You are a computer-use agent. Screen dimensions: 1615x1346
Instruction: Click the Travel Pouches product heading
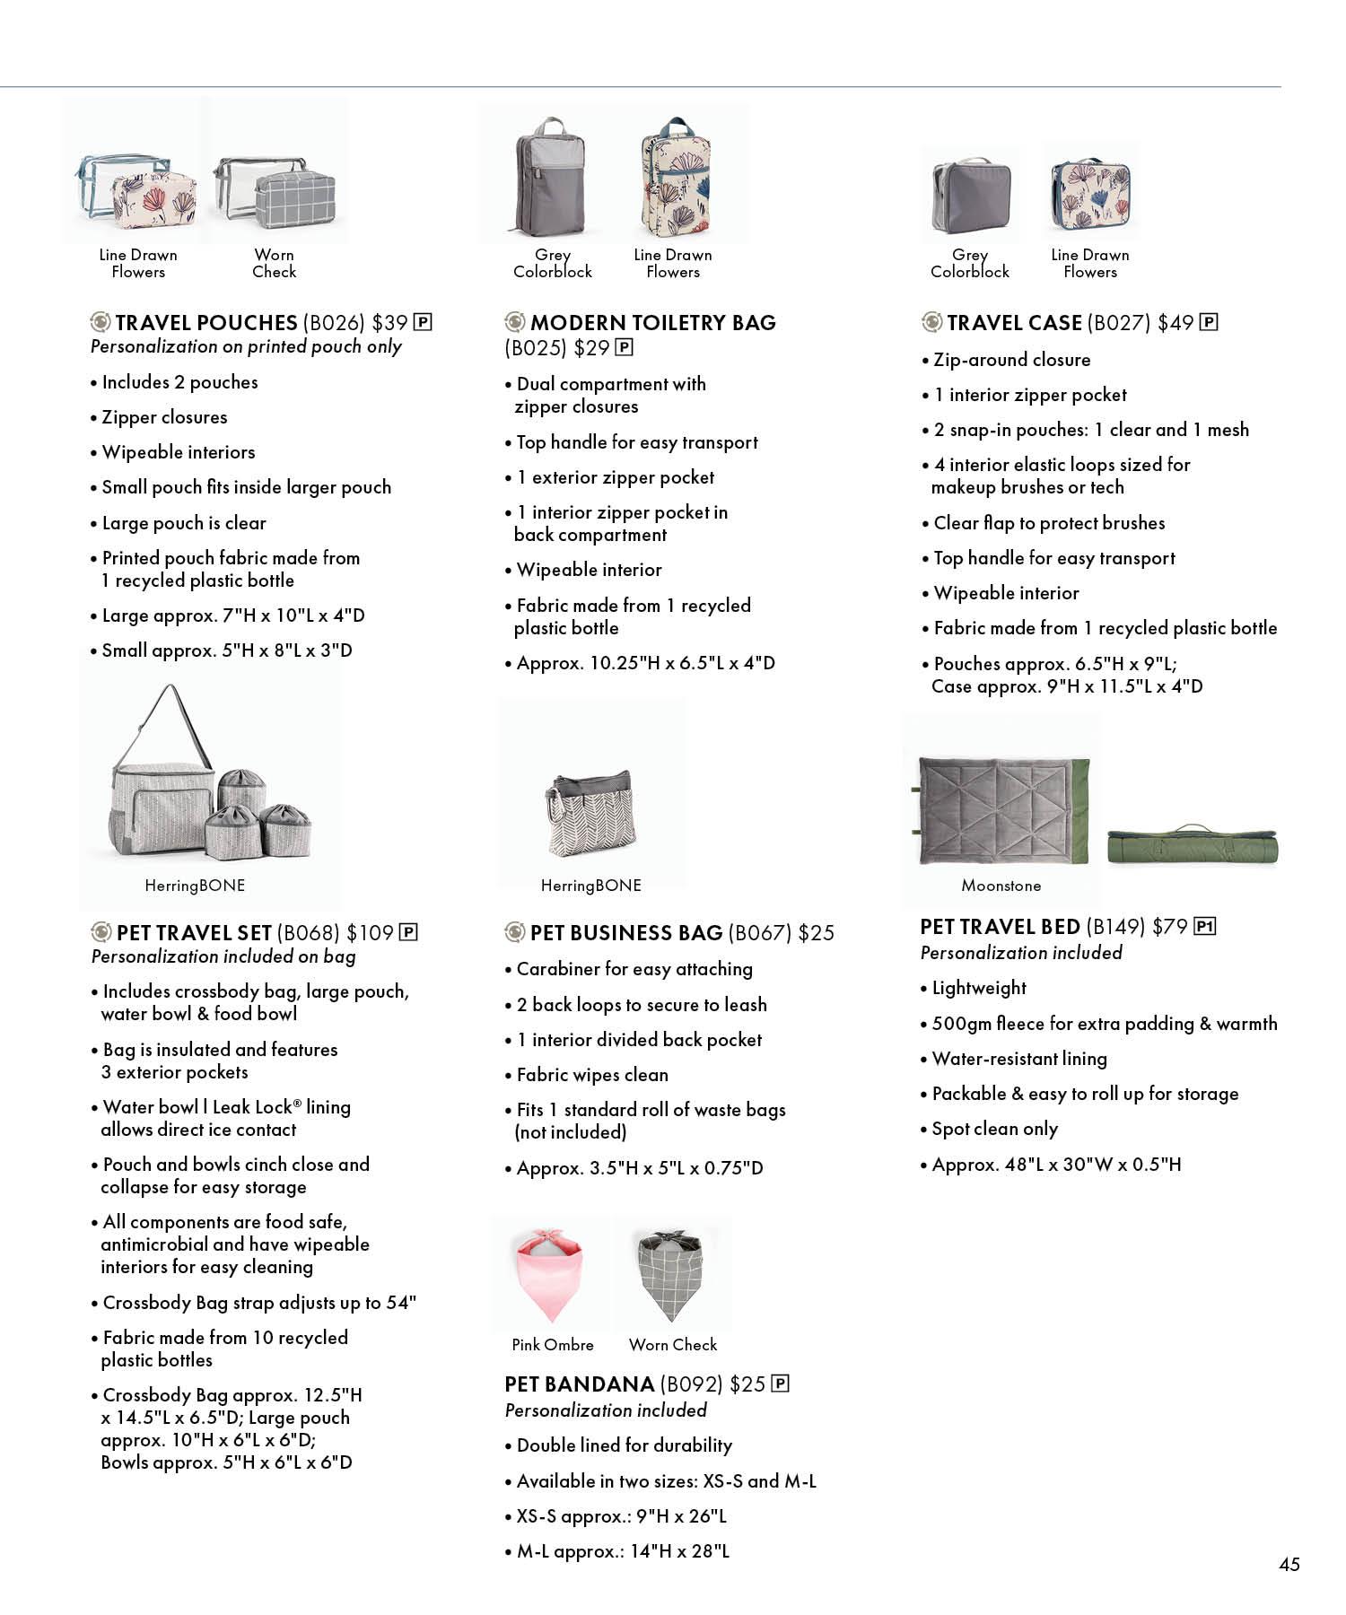point(206,323)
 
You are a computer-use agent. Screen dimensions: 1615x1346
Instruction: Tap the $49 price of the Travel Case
point(1175,323)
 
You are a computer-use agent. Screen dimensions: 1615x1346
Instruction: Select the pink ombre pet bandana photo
point(550,1274)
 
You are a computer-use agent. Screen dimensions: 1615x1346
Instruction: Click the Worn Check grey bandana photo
point(670,1274)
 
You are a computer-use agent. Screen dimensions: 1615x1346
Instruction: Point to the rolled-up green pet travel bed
point(1193,845)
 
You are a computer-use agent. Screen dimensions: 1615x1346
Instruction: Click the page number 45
point(1289,1564)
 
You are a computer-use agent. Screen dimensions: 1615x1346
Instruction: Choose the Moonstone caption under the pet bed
point(1001,886)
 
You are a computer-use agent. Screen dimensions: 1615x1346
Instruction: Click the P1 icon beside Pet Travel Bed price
point(1205,927)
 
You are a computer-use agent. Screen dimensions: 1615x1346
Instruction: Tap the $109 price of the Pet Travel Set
point(370,933)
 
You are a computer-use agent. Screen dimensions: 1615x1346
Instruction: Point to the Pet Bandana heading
point(579,1384)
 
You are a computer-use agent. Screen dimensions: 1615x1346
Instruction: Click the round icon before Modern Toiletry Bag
point(515,322)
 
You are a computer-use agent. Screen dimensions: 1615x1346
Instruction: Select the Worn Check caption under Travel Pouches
point(274,264)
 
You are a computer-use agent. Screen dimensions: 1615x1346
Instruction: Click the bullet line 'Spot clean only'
point(994,1129)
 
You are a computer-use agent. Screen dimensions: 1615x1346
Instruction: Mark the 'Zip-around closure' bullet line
point(1011,360)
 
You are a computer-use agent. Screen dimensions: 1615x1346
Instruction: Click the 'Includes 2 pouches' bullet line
point(179,382)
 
